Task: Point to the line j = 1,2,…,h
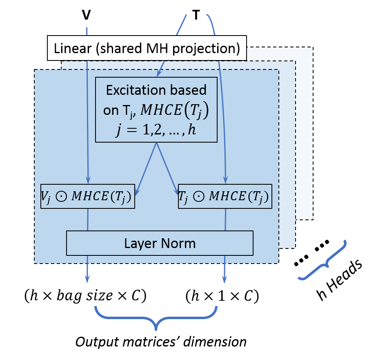click(156, 132)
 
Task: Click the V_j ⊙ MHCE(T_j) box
click(87, 197)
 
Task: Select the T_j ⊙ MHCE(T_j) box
click(225, 197)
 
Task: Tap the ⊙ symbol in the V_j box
click(61, 197)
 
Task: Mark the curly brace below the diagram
click(156, 317)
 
